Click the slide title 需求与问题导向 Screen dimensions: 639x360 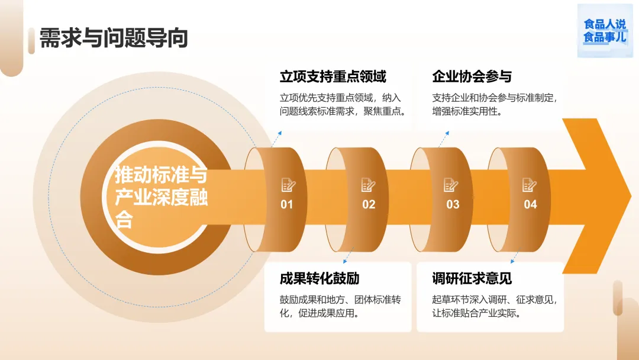pos(114,38)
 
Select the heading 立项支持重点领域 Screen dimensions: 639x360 pos(333,76)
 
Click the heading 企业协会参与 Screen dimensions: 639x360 pos(472,76)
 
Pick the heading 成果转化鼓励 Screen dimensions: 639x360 pos(319,278)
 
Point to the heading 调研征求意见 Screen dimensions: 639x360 pos(472,278)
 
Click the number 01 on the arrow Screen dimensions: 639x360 pos(287,204)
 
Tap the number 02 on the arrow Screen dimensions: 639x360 pos(369,204)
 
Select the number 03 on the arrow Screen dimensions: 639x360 pos(453,204)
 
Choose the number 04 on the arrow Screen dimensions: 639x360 pos(530,204)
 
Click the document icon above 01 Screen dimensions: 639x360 pos(288,185)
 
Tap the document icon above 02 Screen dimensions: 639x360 pos(369,185)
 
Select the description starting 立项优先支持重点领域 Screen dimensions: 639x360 pos(343,104)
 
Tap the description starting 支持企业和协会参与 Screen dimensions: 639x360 pos(495,104)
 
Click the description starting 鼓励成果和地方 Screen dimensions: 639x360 pos(340,306)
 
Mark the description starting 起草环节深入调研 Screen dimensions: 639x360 pos(495,306)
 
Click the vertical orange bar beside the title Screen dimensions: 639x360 pos(31,40)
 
